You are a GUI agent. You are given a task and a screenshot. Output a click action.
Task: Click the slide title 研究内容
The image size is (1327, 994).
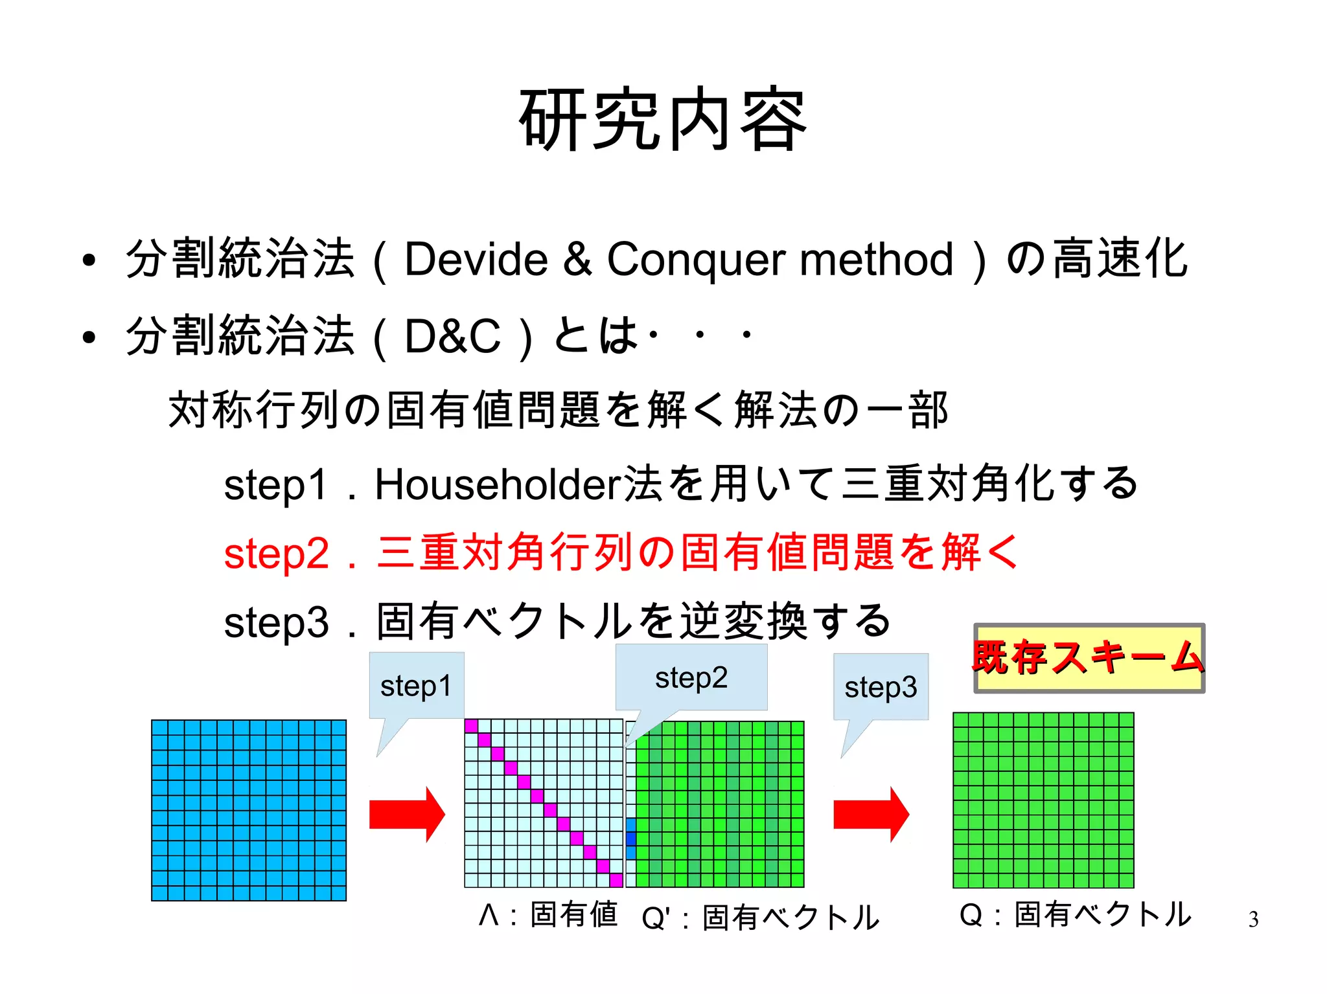(663, 120)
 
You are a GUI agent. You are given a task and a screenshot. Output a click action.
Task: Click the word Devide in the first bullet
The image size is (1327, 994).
(476, 260)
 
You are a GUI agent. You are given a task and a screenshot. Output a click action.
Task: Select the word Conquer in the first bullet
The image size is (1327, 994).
(696, 260)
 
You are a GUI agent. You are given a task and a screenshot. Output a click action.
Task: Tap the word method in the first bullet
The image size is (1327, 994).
(876, 260)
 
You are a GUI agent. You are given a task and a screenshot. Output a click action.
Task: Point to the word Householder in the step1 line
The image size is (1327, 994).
(498, 484)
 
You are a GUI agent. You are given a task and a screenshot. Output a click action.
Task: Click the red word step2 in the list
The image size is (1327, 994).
(277, 554)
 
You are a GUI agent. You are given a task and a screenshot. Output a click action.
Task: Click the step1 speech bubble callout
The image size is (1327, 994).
(416, 686)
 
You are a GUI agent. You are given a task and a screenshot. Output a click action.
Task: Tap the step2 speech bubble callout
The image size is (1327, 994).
(691, 678)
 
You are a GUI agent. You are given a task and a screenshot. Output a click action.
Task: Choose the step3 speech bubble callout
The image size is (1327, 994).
(881, 687)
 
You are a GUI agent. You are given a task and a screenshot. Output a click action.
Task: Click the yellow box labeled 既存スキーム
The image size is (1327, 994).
(1089, 658)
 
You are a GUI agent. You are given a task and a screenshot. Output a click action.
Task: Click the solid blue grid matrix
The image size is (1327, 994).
(249, 809)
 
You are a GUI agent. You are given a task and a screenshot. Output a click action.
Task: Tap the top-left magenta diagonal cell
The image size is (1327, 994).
(471, 726)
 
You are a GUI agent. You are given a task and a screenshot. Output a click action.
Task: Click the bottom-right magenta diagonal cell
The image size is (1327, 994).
(616, 880)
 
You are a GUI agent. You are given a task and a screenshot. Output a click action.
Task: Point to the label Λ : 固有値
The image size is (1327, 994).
(548, 915)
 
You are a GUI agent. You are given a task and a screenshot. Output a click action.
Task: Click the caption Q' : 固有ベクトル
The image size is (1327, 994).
(759, 918)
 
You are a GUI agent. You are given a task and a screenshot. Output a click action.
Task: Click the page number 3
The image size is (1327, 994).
(1253, 920)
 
